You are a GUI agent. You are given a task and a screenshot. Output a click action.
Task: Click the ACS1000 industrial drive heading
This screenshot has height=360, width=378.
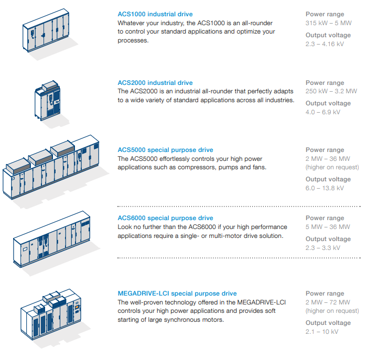(x=155, y=14)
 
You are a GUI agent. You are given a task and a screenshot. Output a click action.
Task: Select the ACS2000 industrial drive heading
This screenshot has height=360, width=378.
(x=155, y=83)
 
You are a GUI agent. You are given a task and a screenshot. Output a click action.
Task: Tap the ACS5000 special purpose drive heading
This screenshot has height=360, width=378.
(x=165, y=150)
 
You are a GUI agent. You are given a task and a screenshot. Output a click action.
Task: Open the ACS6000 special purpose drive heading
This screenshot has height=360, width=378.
(x=165, y=218)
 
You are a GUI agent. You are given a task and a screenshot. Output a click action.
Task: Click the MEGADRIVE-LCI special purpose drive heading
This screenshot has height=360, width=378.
(x=177, y=293)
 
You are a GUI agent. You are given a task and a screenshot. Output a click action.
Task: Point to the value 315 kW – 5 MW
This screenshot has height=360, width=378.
(x=328, y=23)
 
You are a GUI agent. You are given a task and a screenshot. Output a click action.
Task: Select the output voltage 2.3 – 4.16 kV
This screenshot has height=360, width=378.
(x=325, y=44)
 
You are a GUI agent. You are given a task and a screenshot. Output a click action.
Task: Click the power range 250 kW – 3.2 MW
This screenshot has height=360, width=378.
(x=331, y=91)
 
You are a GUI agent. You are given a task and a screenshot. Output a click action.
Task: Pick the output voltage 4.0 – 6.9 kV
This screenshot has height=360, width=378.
(x=323, y=112)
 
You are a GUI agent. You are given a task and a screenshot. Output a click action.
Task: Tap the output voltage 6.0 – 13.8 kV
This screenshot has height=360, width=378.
(x=325, y=188)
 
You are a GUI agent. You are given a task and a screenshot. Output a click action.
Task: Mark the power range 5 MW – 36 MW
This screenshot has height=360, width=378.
(x=328, y=227)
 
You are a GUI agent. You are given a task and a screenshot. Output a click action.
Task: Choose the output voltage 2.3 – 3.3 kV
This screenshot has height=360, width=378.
(x=323, y=248)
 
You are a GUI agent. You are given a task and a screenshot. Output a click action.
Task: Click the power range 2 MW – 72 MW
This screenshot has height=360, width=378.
(x=328, y=302)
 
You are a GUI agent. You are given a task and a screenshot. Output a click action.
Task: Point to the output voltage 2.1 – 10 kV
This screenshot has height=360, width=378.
(x=322, y=332)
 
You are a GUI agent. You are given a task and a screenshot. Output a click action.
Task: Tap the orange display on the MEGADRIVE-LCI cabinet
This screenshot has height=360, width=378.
(x=77, y=307)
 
